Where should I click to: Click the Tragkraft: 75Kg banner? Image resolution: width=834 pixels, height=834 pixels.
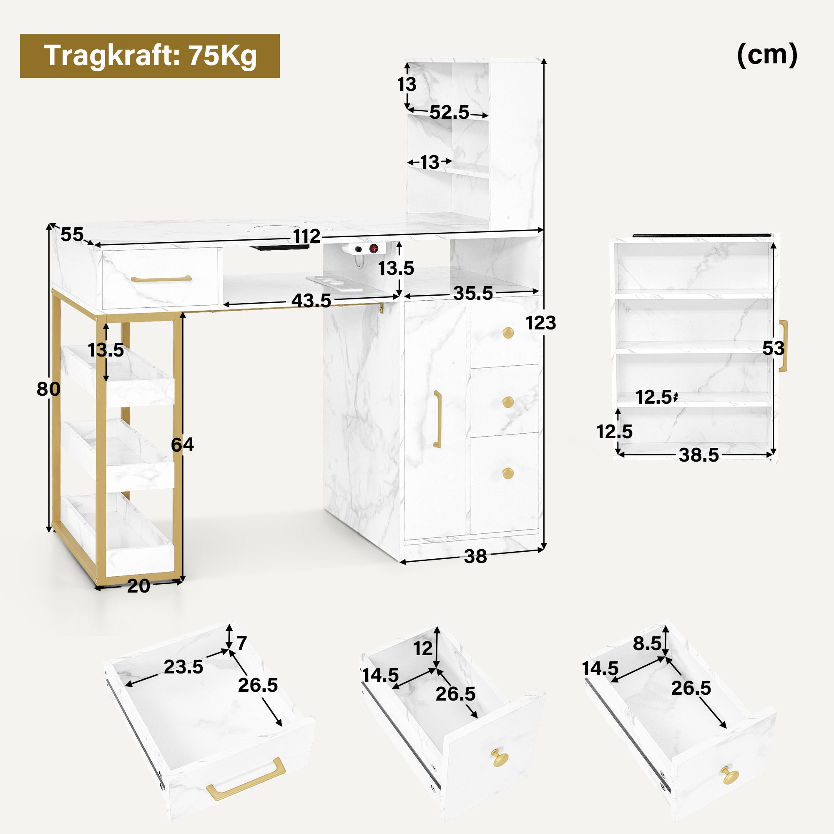tap(150, 56)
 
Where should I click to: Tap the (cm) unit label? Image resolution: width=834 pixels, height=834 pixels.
tap(767, 55)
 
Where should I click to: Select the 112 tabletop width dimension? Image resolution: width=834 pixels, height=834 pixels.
tap(306, 236)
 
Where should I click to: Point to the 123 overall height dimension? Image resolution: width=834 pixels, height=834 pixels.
tap(541, 323)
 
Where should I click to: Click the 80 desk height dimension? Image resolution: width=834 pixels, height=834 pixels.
tap(48, 389)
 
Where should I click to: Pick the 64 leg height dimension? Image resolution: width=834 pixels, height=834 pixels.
tap(182, 445)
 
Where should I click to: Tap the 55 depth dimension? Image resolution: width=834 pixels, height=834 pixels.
tap(72, 235)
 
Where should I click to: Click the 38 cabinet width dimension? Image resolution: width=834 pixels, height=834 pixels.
tap(475, 556)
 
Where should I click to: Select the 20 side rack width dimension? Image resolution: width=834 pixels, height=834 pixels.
tap(138, 586)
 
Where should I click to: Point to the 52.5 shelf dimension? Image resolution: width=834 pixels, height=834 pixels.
tap(450, 112)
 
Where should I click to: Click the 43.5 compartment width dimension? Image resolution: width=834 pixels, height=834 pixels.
tap(311, 300)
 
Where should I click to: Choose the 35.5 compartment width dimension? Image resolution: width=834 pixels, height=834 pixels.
tap(473, 293)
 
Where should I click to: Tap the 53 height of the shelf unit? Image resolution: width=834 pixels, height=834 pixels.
tap(773, 348)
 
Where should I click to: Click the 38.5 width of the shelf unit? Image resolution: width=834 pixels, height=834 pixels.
tap(699, 455)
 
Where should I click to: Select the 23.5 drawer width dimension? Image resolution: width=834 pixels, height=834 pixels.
tap(183, 667)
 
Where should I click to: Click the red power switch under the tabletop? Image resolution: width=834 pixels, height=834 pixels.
tap(374, 249)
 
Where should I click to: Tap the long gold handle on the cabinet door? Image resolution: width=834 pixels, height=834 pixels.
tap(437, 419)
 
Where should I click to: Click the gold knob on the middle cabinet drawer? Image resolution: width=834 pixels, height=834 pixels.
tap(508, 402)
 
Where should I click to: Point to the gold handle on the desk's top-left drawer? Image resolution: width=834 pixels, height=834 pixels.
tap(161, 279)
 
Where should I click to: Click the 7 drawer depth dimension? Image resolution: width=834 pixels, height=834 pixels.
tap(242, 643)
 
